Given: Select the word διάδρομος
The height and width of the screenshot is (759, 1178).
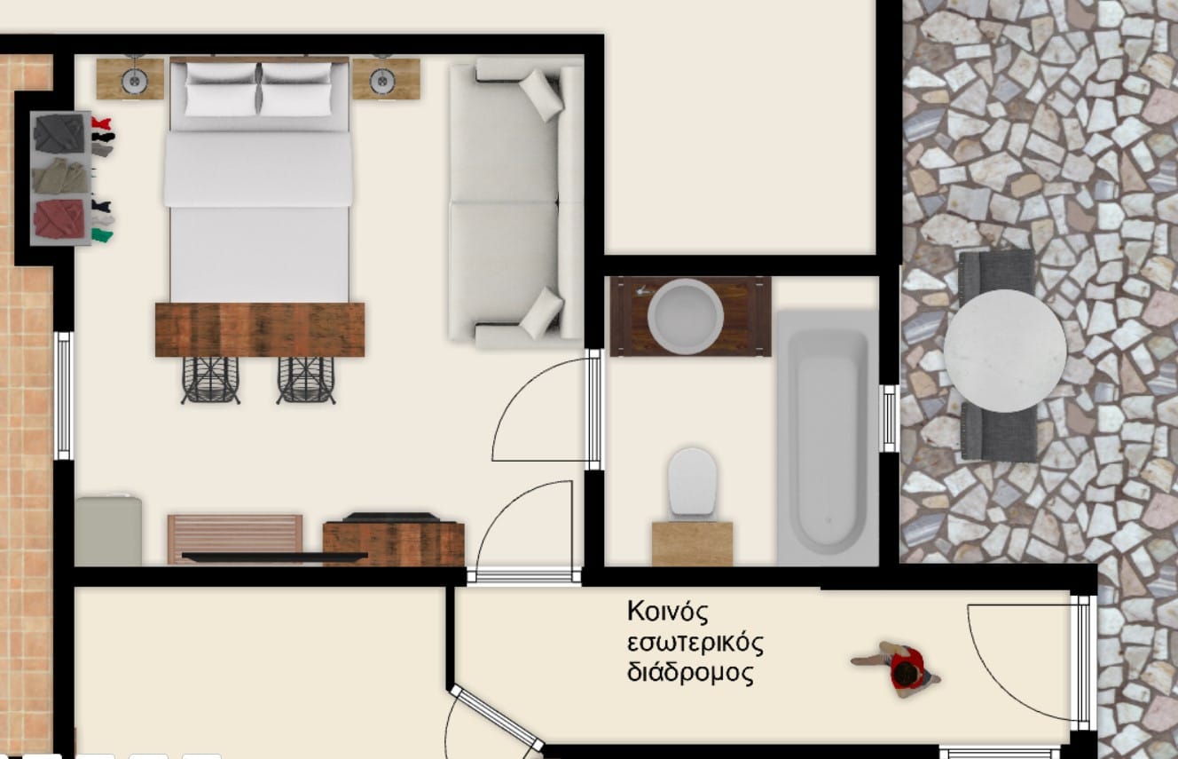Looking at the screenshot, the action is coord(690,673).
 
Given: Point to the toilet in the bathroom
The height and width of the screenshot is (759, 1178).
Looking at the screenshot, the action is coord(692,483).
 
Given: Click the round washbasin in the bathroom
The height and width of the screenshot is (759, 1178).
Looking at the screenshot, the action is coord(686,316).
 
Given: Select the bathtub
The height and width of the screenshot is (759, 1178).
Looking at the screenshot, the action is coord(828,438).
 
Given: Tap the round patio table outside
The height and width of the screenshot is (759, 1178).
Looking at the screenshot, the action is coord(1005,351).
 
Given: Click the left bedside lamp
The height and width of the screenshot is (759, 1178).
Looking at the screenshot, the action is coord(134,81).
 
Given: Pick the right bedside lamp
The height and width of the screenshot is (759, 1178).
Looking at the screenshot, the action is coord(383,81).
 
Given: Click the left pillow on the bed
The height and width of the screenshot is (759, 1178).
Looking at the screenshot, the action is coord(222,90).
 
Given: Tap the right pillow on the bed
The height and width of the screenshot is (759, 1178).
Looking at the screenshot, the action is coord(297,90).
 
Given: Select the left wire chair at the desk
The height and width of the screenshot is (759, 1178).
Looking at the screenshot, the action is coord(210,380).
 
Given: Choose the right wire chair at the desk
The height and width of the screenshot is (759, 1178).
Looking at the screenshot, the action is coord(306,380).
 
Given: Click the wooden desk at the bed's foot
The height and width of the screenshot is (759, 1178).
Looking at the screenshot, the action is coord(260,329).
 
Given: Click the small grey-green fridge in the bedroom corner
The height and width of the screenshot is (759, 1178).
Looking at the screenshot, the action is coord(108,530).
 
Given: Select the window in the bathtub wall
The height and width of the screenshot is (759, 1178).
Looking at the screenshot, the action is coord(889,418).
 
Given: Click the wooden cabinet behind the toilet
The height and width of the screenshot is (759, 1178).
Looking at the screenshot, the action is coord(692,543).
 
